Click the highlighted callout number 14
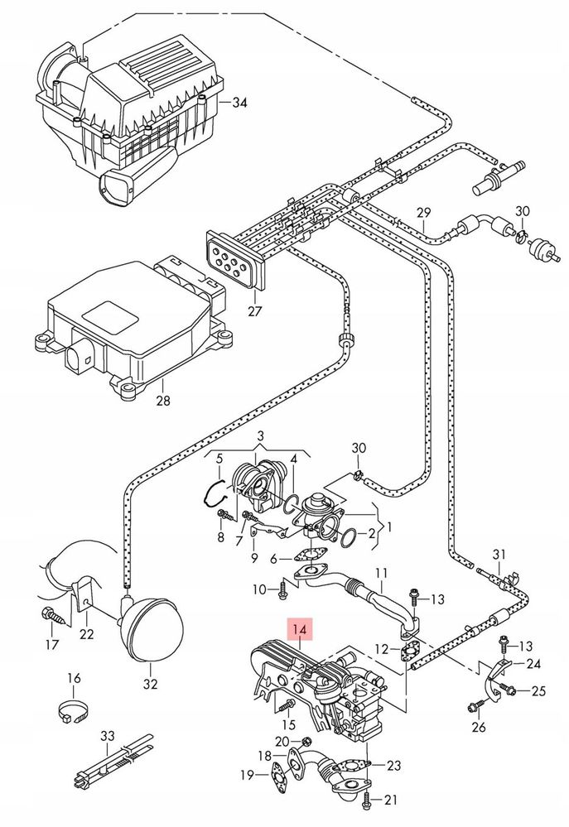click(x=299, y=629)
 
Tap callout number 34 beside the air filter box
click(x=239, y=102)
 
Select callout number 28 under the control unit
click(x=164, y=401)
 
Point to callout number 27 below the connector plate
click(x=254, y=310)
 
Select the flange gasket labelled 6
click(x=311, y=555)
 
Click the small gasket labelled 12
click(x=408, y=652)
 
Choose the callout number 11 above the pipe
click(x=382, y=573)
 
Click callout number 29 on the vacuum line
click(x=423, y=213)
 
